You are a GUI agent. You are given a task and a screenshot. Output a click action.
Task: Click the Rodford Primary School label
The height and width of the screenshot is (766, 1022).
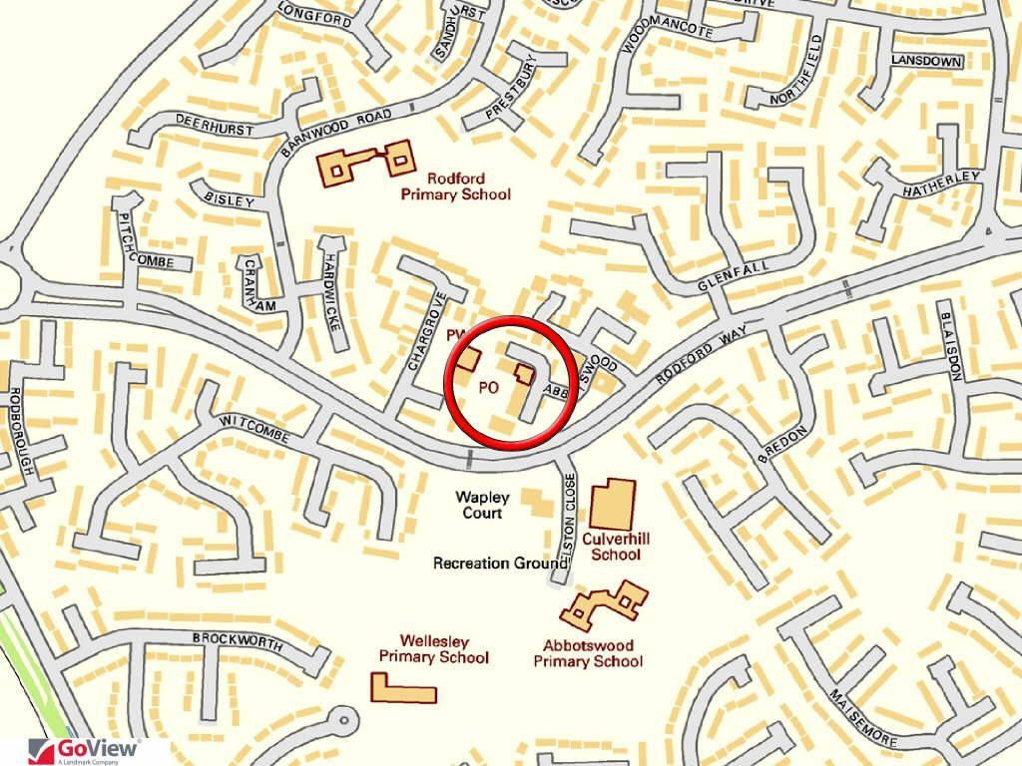455,187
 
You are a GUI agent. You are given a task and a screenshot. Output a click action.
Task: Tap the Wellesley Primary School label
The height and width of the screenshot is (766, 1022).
433,649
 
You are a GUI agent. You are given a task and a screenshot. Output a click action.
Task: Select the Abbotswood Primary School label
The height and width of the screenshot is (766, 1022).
588,653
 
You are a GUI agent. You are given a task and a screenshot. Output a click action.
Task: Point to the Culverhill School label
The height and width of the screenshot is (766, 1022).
616,547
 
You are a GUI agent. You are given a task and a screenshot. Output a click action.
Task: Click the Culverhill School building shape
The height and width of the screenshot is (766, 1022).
613,505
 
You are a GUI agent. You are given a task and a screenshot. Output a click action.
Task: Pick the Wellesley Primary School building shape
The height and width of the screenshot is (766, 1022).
403,688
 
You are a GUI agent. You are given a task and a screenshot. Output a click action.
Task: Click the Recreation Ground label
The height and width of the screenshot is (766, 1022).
500,564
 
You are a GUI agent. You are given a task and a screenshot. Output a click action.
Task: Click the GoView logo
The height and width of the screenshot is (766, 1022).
85,751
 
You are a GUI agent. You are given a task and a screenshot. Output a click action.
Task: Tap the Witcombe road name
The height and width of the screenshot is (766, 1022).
254,432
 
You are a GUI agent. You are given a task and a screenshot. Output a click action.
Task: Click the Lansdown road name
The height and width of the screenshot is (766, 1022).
928,63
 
